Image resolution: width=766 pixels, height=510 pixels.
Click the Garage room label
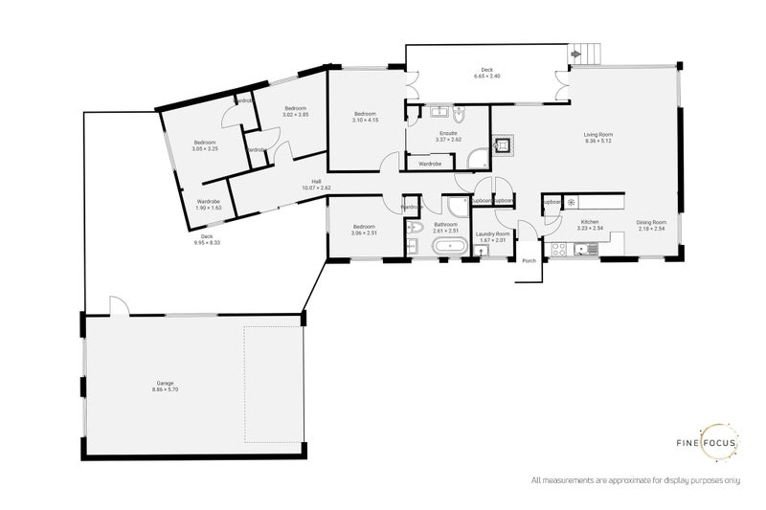pos(164,385)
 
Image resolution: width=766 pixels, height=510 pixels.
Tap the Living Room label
pos(598,135)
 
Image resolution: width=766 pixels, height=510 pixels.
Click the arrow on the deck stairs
pos(574,55)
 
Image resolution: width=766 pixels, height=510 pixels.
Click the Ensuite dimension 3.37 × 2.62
pos(448,140)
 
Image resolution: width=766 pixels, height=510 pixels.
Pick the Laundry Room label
pos(493,233)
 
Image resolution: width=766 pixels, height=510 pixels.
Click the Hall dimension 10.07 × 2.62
pos(316,188)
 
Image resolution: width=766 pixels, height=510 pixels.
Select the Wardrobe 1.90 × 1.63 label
pos(208,208)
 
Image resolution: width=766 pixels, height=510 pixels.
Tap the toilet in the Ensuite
pos(459,117)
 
